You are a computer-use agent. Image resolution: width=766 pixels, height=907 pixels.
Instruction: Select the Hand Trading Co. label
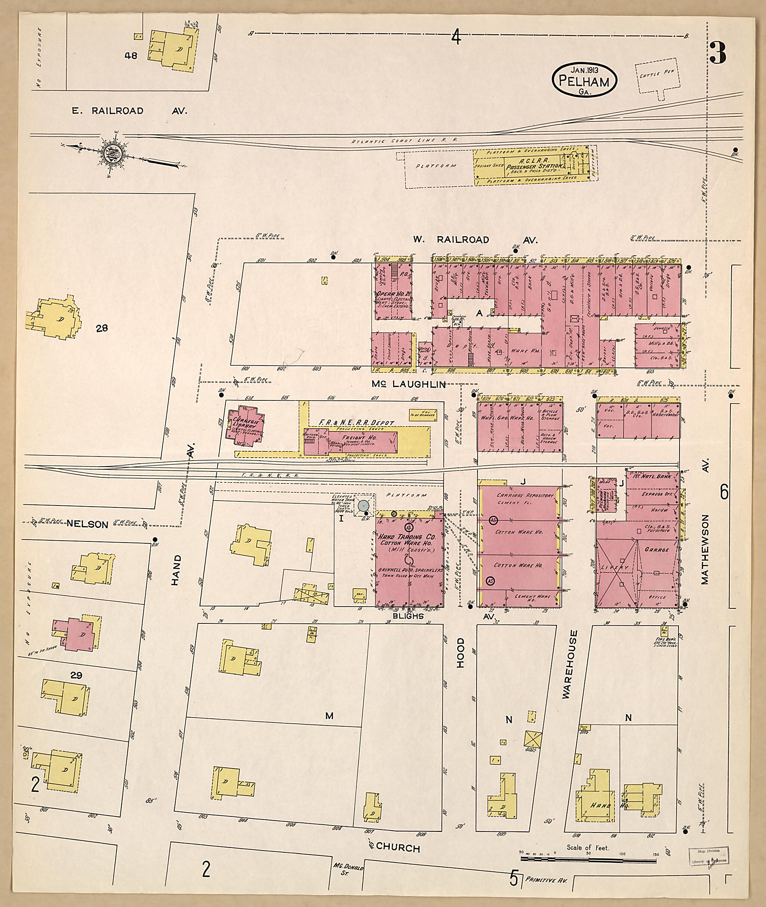[407, 537]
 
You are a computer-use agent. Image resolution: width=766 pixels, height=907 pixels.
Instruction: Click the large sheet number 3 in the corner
[718, 53]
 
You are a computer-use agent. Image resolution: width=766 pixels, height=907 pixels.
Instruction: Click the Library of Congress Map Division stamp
[708, 855]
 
